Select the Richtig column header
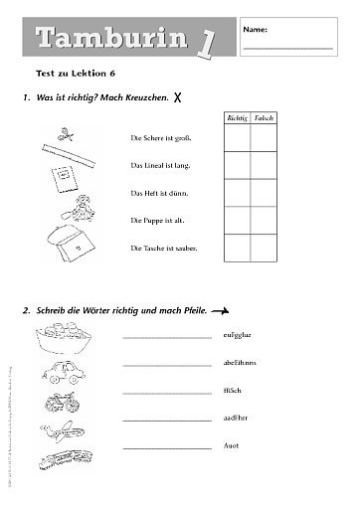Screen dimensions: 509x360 (237, 117)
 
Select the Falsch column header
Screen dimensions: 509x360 (264, 117)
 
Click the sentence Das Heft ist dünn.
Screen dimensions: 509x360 (160, 192)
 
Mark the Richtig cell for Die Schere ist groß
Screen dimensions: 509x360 (237, 137)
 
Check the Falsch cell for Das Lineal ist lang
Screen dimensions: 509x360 (264, 164)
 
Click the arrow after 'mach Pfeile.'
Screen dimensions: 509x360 (227, 310)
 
